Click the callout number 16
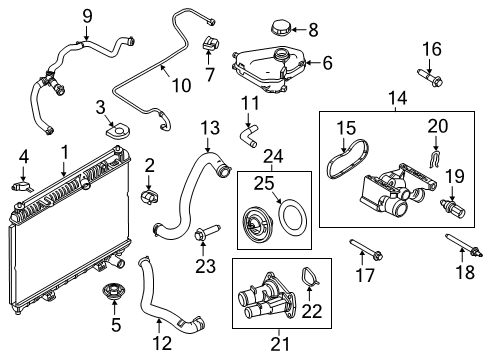[x=431, y=49]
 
